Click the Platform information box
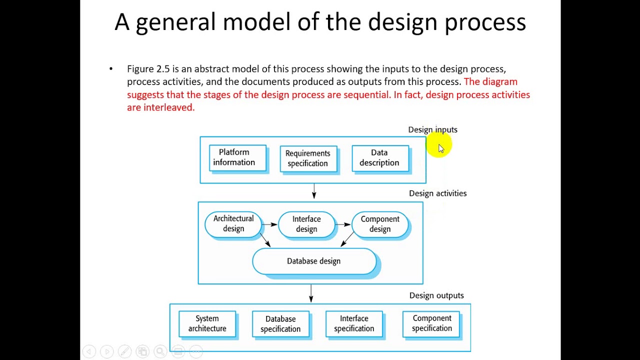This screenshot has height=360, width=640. (x=237, y=158)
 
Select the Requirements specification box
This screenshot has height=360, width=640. (x=308, y=158)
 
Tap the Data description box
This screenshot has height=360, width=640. (x=380, y=158)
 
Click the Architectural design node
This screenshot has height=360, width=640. (x=233, y=224)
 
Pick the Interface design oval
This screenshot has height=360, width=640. (x=306, y=224)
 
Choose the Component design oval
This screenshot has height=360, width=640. (x=380, y=224)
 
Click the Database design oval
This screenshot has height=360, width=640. (x=314, y=261)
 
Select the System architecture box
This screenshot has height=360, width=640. (x=207, y=324)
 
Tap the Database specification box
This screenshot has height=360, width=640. (x=280, y=324)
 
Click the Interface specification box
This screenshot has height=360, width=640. (x=354, y=324)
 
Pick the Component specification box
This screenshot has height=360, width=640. (x=431, y=323)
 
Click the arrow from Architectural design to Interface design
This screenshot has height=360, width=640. (x=270, y=224)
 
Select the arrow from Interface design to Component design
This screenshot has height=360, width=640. (x=343, y=224)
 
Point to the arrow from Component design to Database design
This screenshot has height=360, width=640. (x=347, y=239)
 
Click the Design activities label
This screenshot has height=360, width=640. (x=437, y=193)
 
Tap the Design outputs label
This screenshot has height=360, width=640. (x=436, y=295)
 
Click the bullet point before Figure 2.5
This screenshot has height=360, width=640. (x=111, y=69)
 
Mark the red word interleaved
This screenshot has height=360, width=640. (x=168, y=107)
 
